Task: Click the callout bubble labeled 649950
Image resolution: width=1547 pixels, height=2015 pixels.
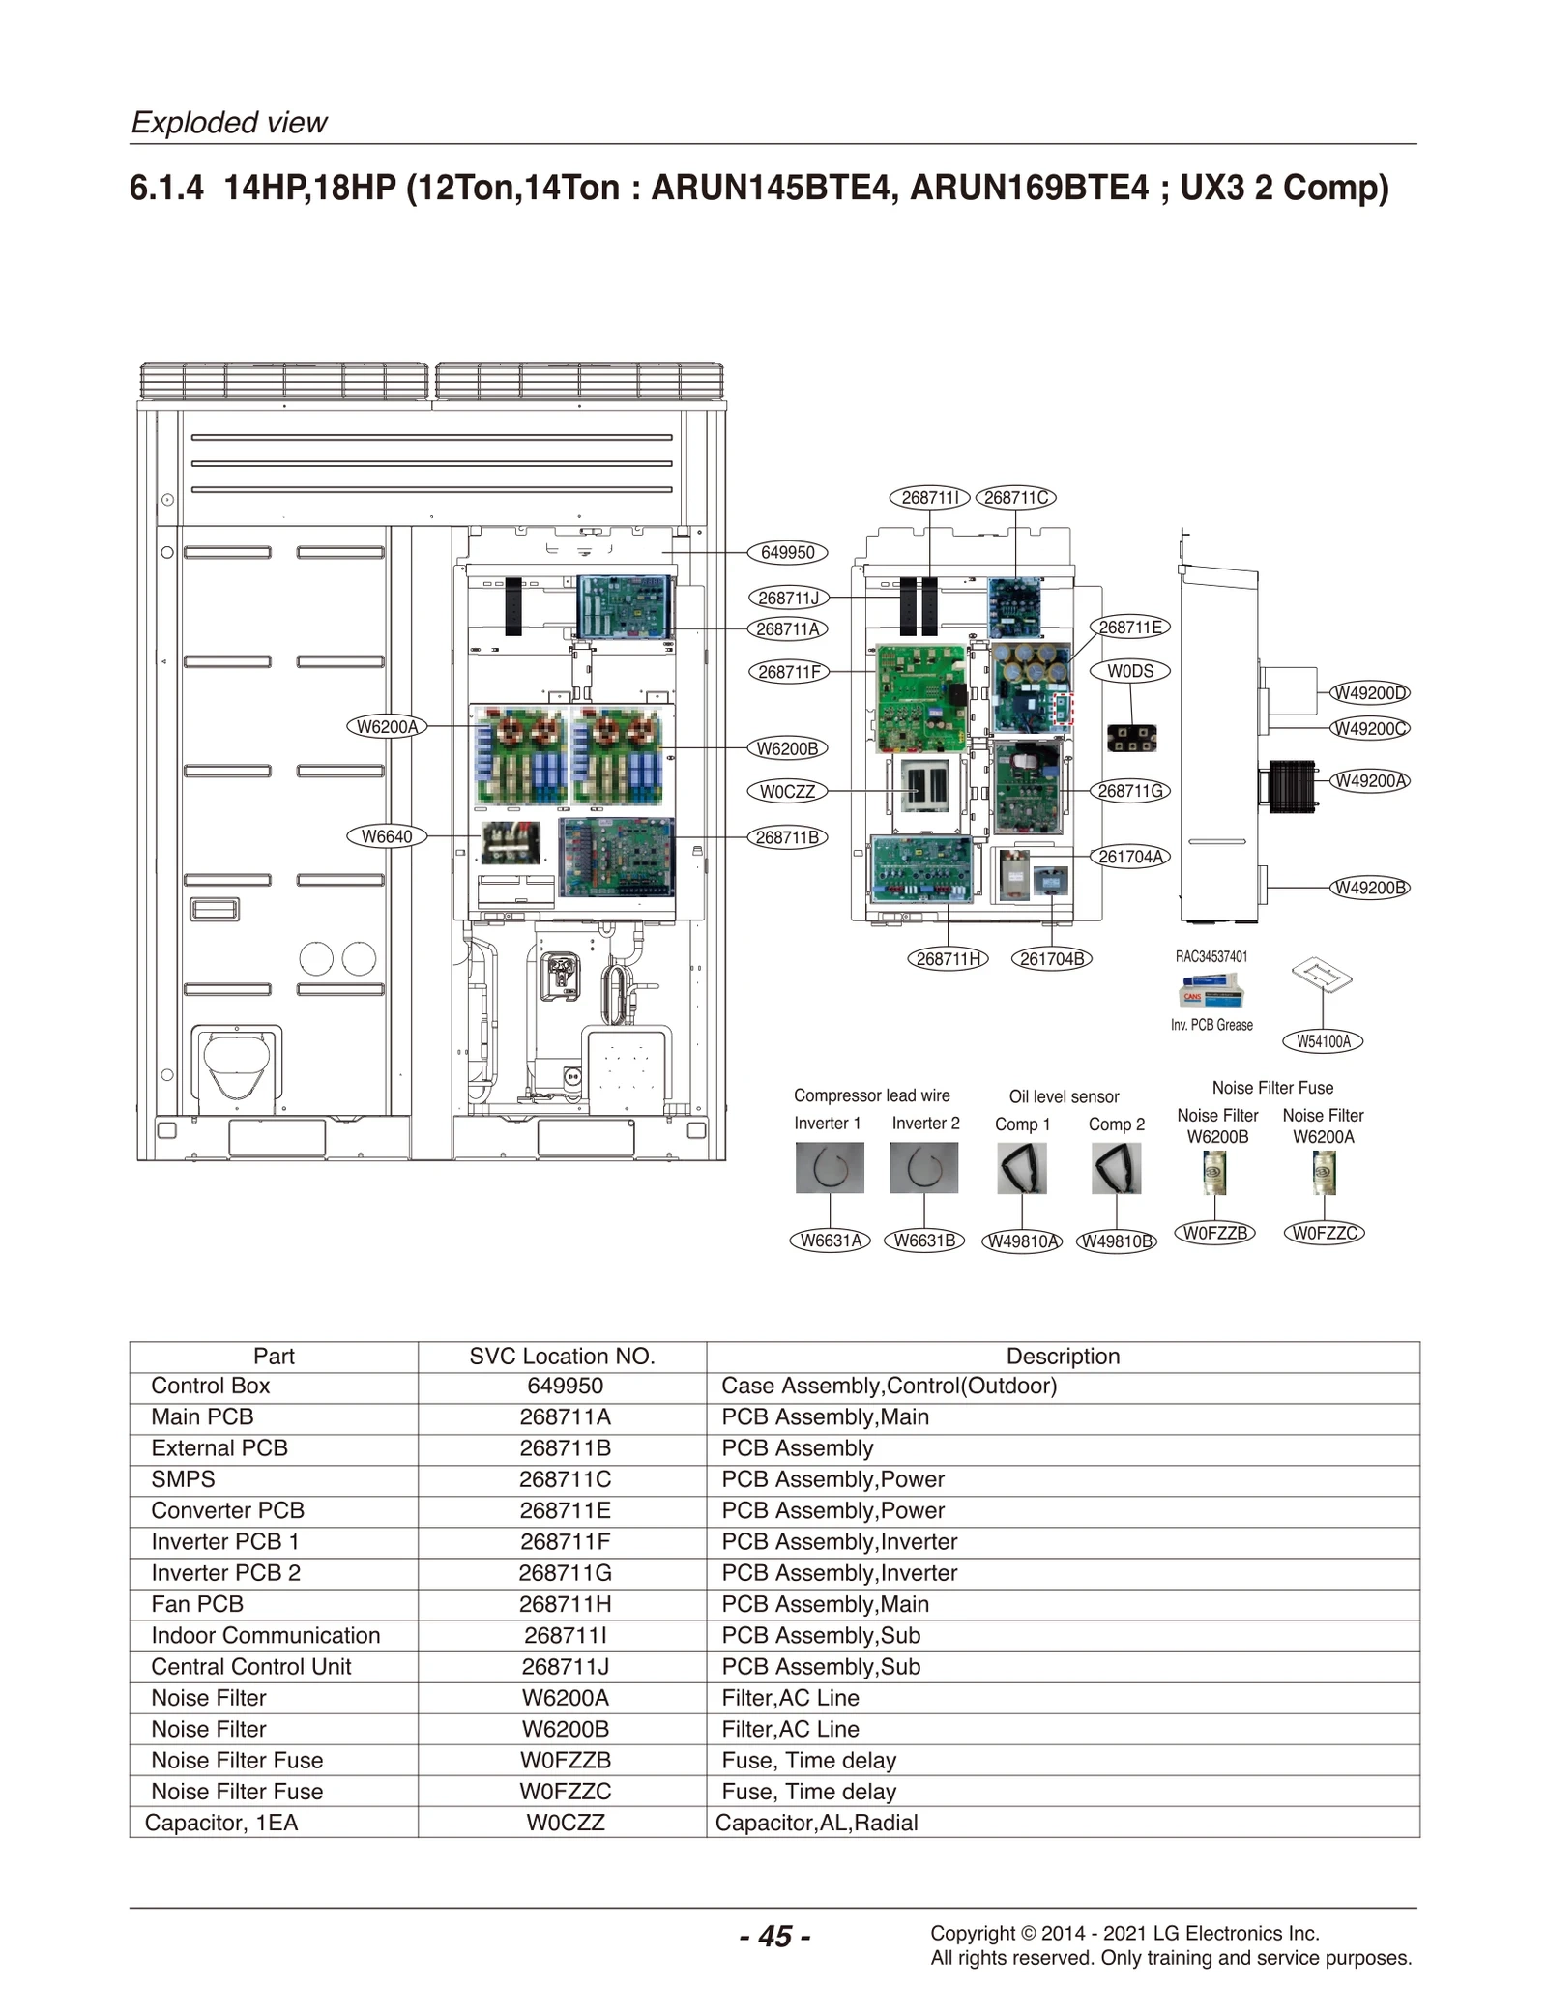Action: [787, 553]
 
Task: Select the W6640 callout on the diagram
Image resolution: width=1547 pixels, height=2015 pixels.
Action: [386, 836]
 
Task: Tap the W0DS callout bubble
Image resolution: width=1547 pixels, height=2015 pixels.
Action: [1129, 671]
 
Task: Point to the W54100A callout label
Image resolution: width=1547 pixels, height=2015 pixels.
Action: [1323, 1041]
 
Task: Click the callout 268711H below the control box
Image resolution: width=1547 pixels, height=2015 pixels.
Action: [948, 959]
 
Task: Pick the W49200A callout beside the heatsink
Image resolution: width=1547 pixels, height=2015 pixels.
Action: [1370, 780]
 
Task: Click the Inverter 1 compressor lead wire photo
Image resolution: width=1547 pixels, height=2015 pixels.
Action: [829, 1168]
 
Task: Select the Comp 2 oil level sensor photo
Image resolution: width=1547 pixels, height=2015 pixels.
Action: [1116, 1168]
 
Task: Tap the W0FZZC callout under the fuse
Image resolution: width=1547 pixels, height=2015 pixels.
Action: [1324, 1233]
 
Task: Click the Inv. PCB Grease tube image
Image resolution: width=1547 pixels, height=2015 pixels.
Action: [1211, 992]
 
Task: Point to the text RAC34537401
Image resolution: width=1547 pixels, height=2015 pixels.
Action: [1211, 956]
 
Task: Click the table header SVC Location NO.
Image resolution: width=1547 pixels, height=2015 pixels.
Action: [562, 1357]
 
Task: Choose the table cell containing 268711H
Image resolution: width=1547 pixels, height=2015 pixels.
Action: [565, 1604]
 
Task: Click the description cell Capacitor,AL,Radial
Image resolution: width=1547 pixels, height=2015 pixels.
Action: [816, 1823]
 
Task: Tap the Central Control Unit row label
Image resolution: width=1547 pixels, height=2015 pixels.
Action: [250, 1666]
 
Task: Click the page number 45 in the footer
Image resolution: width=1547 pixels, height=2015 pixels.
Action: [774, 1937]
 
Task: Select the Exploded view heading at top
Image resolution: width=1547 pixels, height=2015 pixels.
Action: [229, 123]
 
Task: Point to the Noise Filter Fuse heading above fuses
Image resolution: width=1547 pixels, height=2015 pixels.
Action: [1271, 1088]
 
